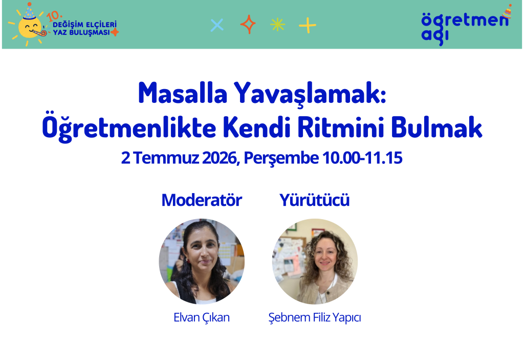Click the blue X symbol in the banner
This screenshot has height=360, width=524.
click(217, 25)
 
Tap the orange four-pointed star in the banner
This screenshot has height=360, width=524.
click(248, 24)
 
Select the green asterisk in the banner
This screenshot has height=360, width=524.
click(277, 25)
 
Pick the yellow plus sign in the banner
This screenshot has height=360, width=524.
click(308, 25)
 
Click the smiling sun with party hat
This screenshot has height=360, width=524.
click(29, 25)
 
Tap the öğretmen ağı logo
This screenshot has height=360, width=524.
click(466, 26)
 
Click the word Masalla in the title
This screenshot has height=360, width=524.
click(183, 93)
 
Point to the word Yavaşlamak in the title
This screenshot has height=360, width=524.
click(310, 94)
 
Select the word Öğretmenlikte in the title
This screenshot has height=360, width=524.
click(129, 127)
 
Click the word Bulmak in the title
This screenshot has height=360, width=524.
click(437, 127)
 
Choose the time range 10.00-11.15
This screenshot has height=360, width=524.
click(362, 158)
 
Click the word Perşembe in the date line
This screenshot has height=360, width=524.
click(281, 158)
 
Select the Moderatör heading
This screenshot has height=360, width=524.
click(202, 200)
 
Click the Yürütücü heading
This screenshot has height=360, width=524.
click(315, 200)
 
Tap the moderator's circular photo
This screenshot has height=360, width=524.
click(202, 261)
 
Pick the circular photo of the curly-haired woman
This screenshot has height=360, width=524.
click(315, 261)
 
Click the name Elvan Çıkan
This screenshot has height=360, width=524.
click(202, 317)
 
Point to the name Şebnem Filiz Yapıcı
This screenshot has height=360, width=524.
click(315, 317)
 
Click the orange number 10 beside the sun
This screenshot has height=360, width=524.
click(53, 16)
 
